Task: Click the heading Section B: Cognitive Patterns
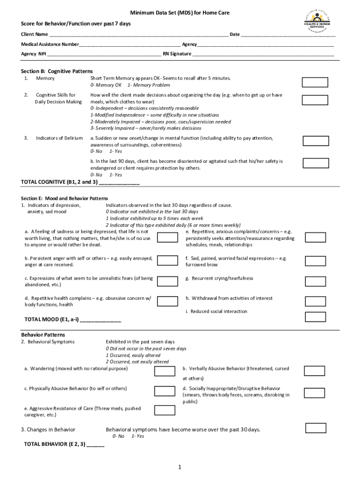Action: (x=57, y=71)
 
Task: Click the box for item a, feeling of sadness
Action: (x=167, y=238)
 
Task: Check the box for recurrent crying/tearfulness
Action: (x=315, y=281)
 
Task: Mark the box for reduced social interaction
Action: (x=315, y=317)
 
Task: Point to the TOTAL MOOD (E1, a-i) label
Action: (x=52, y=320)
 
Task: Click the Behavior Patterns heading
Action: (x=43, y=335)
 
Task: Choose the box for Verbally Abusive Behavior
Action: (x=314, y=371)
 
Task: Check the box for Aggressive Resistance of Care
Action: (x=165, y=410)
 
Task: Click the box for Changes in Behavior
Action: (x=316, y=428)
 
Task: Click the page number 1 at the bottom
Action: (x=180, y=467)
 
